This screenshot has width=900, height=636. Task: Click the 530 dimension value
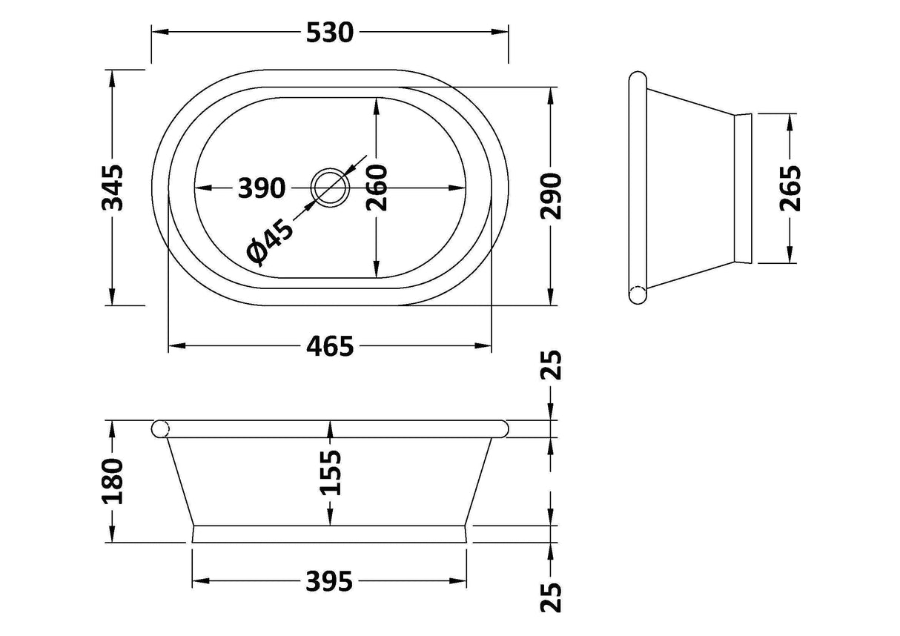click(330, 33)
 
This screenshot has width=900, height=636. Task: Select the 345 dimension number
click(112, 188)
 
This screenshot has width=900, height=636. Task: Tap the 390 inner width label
click(262, 188)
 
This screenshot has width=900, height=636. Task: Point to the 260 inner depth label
click(377, 188)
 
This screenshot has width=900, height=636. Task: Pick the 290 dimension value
click(551, 196)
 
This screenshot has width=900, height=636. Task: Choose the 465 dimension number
click(330, 346)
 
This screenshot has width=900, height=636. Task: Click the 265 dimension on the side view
click(790, 188)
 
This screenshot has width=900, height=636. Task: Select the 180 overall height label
click(112, 481)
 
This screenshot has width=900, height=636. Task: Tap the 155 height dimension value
click(330, 472)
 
